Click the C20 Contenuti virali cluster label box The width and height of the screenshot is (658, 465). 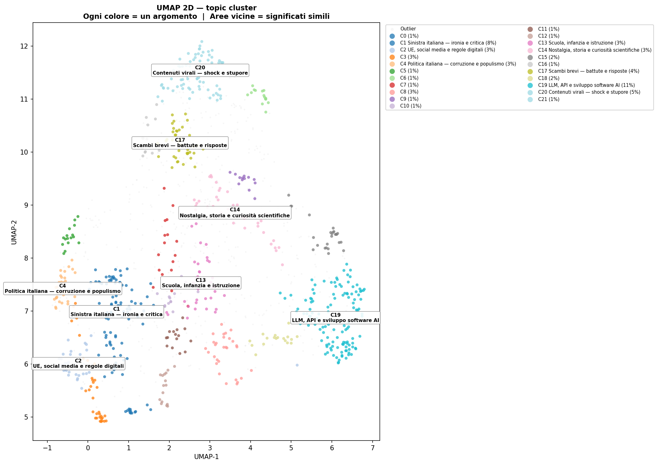pyautogui.click(x=200, y=71)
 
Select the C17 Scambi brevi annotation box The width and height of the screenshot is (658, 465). pyautogui.click(x=180, y=143)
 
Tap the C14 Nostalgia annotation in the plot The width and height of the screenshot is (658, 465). pyautogui.click(x=235, y=213)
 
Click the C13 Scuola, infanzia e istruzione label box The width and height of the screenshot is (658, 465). pyautogui.click(x=201, y=283)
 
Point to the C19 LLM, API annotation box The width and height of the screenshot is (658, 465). pyautogui.click(x=335, y=318)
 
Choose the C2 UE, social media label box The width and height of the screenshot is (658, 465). pyautogui.click(x=78, y=364)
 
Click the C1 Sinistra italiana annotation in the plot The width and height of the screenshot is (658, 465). pyautogui.click(x=116, y=312)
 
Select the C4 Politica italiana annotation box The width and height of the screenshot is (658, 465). pyautogui.click(x=62, y=289)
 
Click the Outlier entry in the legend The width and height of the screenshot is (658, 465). pyautogui.click(x=408, y=29)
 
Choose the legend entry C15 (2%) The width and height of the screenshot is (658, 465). pyautogui.click(x=549, y=57)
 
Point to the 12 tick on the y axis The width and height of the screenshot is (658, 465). pyautogui.click(x=24, y=46)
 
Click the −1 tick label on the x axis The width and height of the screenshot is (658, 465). pyautogui.click(x=47, y=448)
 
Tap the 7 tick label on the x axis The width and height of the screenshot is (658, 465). pyautogui.click(x=373, y=448)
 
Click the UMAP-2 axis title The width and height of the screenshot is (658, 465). pyautogui.click(x=14, y=232)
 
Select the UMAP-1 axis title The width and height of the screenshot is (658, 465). pyautogui.click(x=206, y=457)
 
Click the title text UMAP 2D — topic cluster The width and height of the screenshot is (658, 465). pyautogui.click(x=206, y=8)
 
